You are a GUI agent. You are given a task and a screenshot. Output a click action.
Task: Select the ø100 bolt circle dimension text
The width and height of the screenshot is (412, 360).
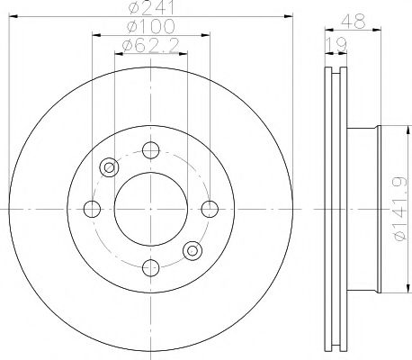tap(151, 27)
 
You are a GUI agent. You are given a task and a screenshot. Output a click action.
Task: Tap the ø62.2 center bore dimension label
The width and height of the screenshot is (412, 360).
tap(151, 44)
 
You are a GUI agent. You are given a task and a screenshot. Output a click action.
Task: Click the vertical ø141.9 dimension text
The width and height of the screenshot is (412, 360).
tap(397, 208)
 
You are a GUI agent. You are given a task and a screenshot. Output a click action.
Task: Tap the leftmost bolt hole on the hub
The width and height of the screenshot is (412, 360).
tap(92, 209)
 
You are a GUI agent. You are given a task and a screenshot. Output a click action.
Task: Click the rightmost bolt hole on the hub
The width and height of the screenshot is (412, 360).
tap(210, 209)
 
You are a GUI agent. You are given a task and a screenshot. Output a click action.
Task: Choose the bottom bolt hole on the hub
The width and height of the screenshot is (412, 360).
tap(151, 267)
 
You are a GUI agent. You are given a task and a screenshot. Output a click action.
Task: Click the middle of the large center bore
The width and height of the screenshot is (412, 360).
tap(151, 209)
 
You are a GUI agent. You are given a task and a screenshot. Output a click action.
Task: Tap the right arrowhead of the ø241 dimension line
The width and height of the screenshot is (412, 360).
tap(290, 15)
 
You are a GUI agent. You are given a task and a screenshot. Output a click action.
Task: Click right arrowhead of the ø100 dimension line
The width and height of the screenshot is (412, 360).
tap(207, 35)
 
